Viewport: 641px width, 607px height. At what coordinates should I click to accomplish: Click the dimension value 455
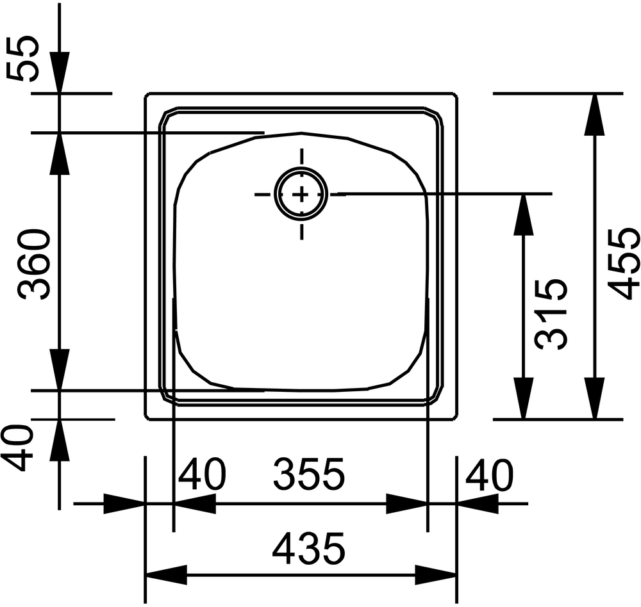[x=623, y=263]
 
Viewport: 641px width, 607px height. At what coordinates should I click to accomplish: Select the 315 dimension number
[x=551, y=314]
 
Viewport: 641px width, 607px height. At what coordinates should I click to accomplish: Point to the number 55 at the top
[x=22, y=58]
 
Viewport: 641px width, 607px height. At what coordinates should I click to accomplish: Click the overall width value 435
[x=309, y=547]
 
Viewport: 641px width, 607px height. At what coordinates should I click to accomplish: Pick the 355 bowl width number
[x=309, y=474]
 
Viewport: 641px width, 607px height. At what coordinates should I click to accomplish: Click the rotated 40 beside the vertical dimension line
[x=17, y=448]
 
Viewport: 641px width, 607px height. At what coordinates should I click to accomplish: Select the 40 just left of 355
[x=202, y=474]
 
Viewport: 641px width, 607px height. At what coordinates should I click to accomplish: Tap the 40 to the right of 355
[x=489, y=474]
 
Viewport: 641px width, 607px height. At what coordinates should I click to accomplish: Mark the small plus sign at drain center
[x=301, y=195]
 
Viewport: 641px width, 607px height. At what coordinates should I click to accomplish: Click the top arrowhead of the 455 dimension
[x=594, y=115]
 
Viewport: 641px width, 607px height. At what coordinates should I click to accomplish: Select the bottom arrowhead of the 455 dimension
[x=594, y=398]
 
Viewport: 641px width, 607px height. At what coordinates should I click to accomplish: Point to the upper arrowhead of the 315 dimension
[x=523, y=215]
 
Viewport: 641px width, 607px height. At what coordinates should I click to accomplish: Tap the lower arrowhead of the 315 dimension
[x=523, y=398]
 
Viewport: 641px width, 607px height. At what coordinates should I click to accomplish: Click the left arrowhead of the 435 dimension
[x=167, y=575]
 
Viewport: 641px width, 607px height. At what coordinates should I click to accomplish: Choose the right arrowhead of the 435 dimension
[x=436, y=575]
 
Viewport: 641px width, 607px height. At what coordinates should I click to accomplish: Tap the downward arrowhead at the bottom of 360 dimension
[x=60, y=369]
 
